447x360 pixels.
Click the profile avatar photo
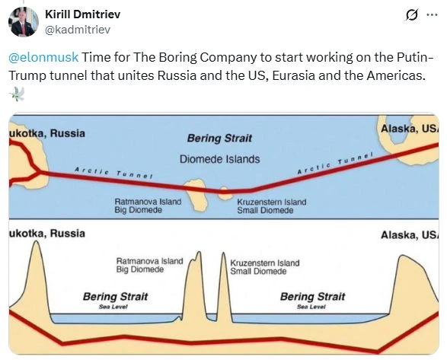(23, 22)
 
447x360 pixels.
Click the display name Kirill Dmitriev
(83, 14)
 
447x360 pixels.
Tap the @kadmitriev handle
(78, 30)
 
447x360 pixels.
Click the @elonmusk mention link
(43, 57)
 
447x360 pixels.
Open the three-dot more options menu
(432, 14)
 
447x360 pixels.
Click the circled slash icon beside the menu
(412, 14)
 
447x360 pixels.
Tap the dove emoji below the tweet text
(17, 94)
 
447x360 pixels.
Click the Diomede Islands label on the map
(219, 159)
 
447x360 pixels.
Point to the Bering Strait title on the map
(219, 139)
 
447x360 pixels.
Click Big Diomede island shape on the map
(196, 195)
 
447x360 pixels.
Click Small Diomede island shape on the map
(225, 193)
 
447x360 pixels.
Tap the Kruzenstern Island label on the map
(272, 202)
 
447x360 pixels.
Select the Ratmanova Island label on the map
(148, 202)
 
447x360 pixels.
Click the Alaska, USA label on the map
(410, 129)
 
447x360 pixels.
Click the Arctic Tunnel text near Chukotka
(113, 173)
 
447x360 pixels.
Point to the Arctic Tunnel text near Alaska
(335, 164)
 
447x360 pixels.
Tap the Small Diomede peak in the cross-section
(223, 253)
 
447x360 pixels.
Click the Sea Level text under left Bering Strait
(113, 307)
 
